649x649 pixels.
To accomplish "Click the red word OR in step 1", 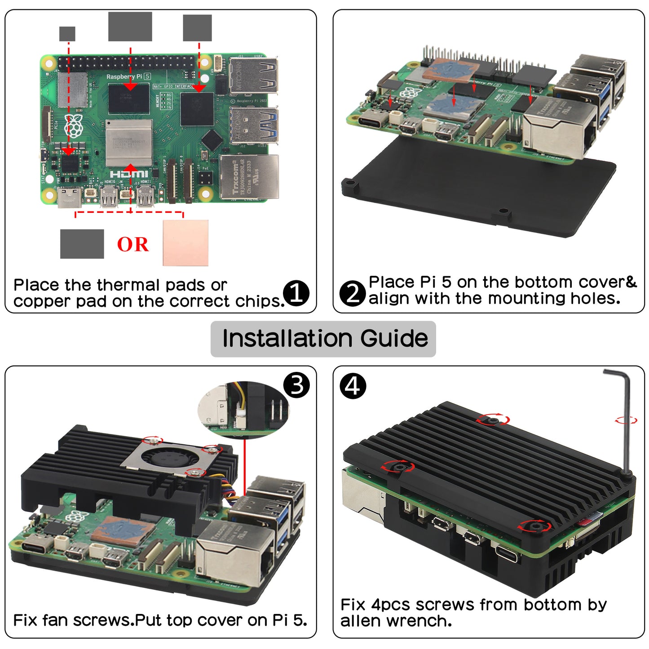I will click(x=132, y=244).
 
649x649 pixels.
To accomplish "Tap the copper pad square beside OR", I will click(x=185, y=243).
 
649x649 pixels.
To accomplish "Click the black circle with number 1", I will click(x=296, y=293).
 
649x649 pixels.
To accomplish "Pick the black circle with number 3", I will click(x=296, y=385).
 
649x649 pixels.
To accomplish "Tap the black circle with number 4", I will click(x=353, y=386).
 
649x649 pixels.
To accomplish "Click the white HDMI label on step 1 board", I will click(x=129, y=174).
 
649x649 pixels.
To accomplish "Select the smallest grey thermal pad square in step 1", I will click(x=67, y=34).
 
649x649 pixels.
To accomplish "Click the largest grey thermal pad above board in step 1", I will click(x=130, y=27).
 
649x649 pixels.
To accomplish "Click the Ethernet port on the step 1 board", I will click(x=249, y=177).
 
